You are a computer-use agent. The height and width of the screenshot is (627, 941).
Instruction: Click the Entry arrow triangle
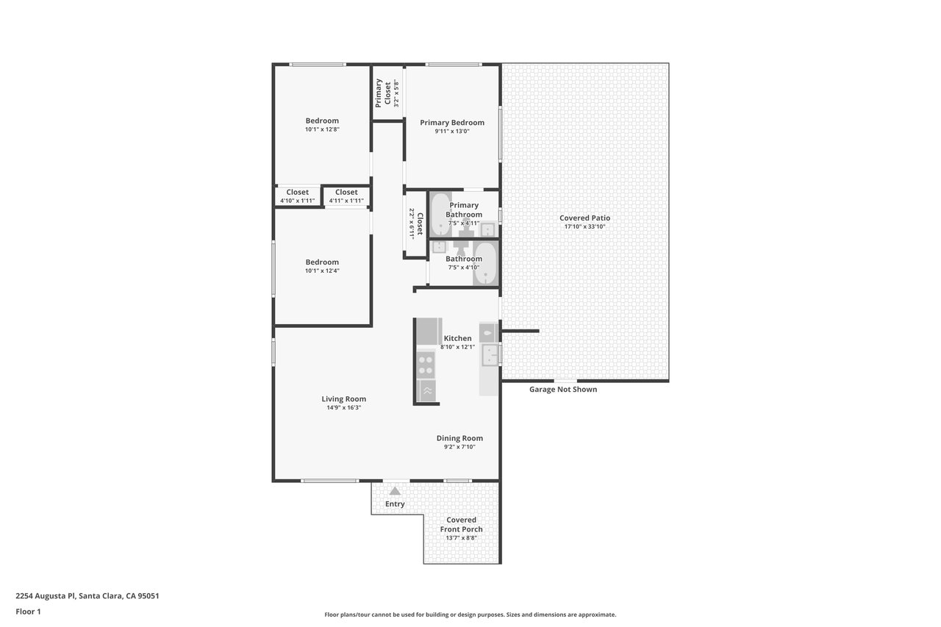(x=395, y=491)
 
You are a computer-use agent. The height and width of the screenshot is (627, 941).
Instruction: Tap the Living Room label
(x=343, y=399)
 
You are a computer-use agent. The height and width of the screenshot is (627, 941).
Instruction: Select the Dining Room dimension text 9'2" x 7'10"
(x=459, y=447)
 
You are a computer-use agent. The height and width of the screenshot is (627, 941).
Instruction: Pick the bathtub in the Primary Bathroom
(x=440, y=214)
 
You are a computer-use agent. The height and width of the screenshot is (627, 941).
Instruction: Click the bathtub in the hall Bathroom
(x=486, y=263)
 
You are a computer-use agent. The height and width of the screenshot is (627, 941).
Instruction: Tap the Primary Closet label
(x=383, y=93)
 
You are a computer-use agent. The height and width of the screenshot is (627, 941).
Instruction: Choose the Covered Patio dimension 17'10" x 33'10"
(x=584, y=227)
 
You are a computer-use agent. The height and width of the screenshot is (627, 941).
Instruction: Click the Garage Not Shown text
(x=563, y=390)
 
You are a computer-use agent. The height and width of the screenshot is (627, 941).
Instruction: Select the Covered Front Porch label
(x=461, y=525)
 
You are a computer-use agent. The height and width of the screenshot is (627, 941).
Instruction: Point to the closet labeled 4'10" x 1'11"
(x=298, y=196)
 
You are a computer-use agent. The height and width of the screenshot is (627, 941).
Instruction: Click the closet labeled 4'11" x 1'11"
(x=346, y=196)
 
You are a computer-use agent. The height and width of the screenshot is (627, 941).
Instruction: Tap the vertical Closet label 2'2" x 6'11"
(x=416, y=224)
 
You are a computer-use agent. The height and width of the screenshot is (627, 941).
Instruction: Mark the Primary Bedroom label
(x=452, y=123)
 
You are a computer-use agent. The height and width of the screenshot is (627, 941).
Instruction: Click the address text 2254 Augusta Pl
(x=46, y=595)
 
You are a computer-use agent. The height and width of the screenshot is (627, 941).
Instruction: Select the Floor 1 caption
(x=28, y=612)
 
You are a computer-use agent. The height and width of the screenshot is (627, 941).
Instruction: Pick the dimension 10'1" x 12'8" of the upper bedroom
(x=322, y=129)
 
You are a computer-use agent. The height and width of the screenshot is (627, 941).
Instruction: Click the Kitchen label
(x=457, y=338)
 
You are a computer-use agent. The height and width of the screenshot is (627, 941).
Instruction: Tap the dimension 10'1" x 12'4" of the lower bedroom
(x=322, y=271)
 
